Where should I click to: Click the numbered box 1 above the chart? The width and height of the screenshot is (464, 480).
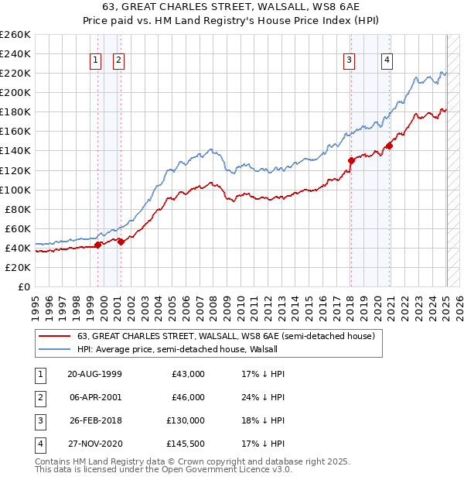coord(95,60)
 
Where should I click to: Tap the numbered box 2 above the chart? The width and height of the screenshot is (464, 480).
coord(118,60)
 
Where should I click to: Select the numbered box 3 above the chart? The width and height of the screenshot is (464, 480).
coord(350,60)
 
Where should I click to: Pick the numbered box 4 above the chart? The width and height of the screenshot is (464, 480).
coord(386,60)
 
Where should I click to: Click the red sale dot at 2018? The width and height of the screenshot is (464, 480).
coord(351,160)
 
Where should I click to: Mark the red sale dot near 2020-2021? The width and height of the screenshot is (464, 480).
coord(389,146)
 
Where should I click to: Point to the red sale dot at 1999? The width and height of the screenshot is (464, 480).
coord(98,245)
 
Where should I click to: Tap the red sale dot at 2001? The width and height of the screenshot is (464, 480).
coord(121,242)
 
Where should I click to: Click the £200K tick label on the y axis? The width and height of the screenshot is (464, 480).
coord(15,92)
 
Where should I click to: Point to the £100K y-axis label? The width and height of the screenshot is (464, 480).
coord(15,190)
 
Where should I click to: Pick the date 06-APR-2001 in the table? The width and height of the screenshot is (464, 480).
coord(94,398)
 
